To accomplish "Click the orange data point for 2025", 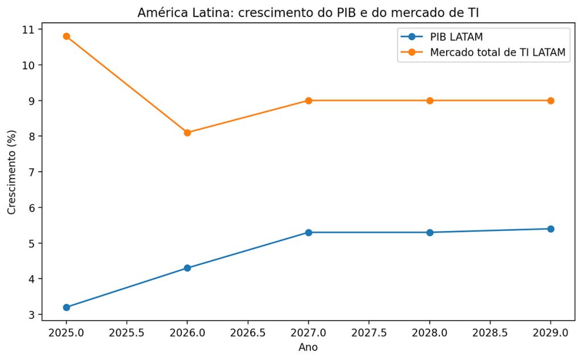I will (66, 36).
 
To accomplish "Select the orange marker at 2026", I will (188, 133).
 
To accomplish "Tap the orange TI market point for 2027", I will (309, 101).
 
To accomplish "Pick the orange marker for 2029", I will (551, 101).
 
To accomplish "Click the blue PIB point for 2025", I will (66, 307).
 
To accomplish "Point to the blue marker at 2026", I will (188, 268).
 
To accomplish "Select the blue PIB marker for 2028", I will (430, 233).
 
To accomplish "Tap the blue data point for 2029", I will (551, 229).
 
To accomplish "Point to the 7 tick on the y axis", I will (31, 172).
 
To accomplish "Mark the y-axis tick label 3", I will (31, 315).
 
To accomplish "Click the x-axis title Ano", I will (308, 346).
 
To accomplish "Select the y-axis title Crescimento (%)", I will (12, 172).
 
